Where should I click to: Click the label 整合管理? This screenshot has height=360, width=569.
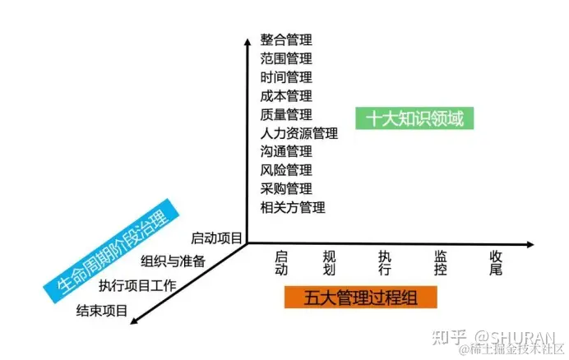click(x=286, y=39)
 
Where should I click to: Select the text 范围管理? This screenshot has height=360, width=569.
click(x=286, y=58)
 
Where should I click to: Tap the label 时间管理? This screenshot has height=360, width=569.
click(x=286, y=77)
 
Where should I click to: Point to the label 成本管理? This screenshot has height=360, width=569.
click(x=286, y=95)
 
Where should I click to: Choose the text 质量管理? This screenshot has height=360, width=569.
click(x=286, y=114)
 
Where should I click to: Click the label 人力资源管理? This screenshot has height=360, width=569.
click(x=299, y=133)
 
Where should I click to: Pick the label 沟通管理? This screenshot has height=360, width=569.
click(x=286, y=151)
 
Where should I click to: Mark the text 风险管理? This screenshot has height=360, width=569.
click(x=286, y=170)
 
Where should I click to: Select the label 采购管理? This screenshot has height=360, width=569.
click(x=286, y=189)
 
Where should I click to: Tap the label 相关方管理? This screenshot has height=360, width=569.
click(x=293, y=207)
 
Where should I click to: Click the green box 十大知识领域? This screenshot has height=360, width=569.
click(x=415, y=119)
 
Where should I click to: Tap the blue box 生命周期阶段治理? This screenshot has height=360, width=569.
click(x=108, y=247)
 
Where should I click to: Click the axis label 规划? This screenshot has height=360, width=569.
click(x=331, y=263)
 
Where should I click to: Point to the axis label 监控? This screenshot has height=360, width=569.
click(x=441, y=263)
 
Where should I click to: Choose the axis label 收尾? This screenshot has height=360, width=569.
click(x=496, y=263)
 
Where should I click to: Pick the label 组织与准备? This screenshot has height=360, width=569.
click(x=173, y=262)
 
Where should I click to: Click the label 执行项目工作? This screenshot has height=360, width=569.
click(x=138, y=286)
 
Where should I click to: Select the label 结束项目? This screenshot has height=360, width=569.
click(x=102, y=310)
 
